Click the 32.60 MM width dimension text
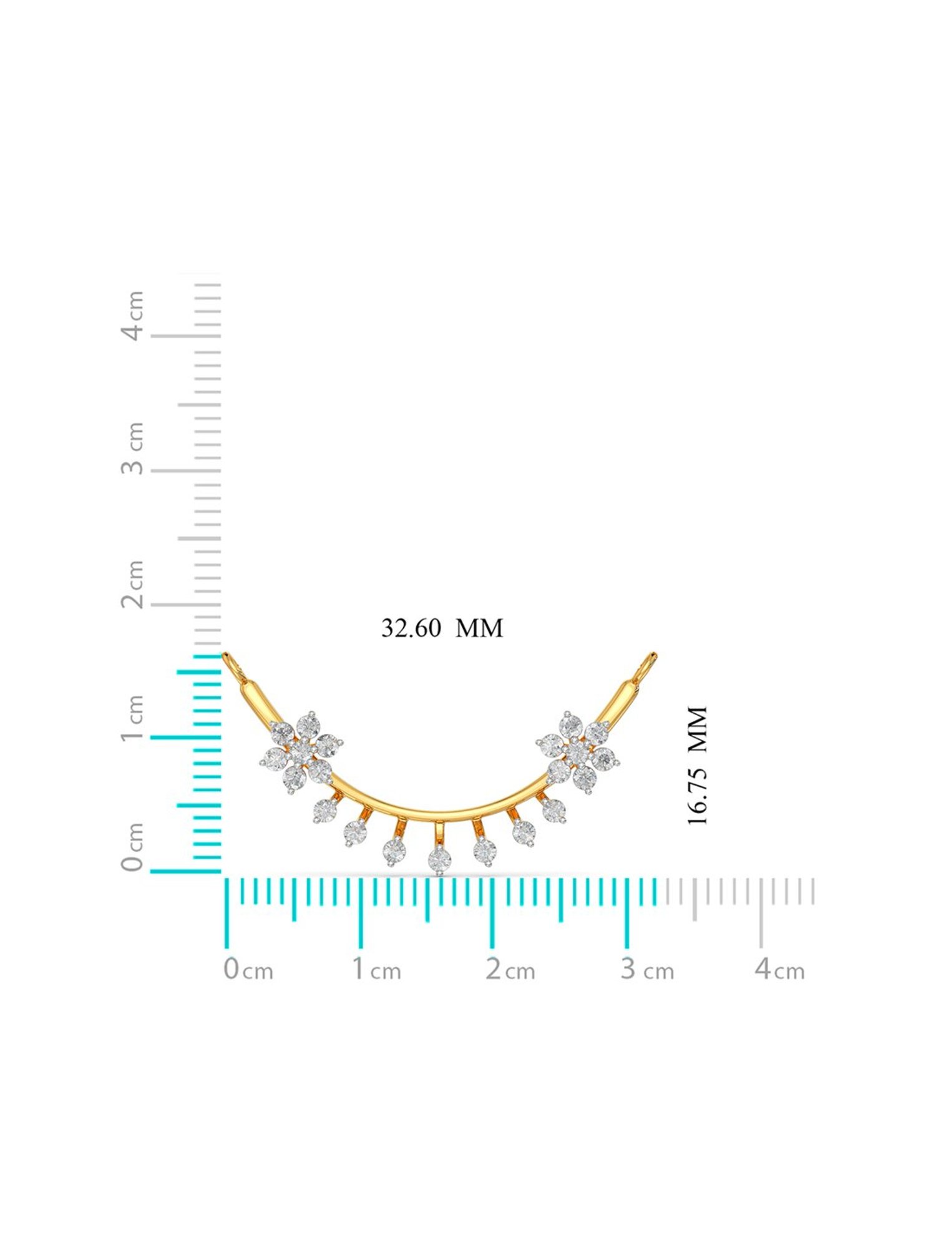click(442, 628)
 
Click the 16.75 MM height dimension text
click(697, 766)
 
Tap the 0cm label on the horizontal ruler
click(248, 969)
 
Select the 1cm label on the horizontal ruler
click(376, 969)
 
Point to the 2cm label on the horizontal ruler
click(510, 969)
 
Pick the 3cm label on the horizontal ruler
click(647, 969)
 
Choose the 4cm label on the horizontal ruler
click(779, 969)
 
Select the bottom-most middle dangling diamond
click(440, 860)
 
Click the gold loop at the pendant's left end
click(232, 662)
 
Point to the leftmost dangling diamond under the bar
click(325, 810)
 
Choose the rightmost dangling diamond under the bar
click(553, 810)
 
